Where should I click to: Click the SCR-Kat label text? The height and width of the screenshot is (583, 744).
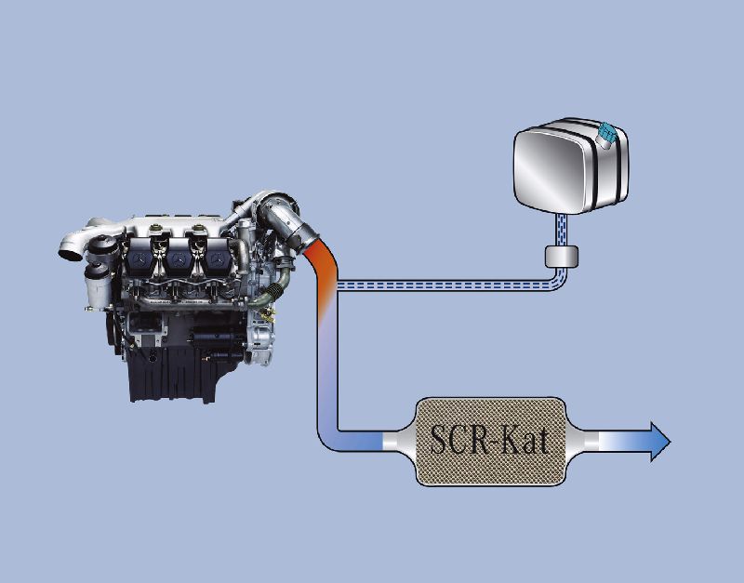click(x=489, y=439)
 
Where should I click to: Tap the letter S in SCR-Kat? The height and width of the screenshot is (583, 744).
click(x=439, y=439)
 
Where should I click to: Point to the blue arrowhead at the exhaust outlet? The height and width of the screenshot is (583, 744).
click(x=659, y=441)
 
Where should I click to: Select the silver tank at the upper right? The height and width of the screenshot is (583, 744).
click(x=571, y=166)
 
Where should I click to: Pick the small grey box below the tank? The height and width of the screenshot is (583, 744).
click(x=562, y=257)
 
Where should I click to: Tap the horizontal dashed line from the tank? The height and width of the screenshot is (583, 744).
click(x=446, y=285)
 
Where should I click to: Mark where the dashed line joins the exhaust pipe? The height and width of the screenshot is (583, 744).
click(x=338, y=285)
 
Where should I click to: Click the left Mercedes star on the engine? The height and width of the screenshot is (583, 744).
click(x=139, y=259)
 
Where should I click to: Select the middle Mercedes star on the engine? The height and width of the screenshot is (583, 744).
click(x=179, y=260)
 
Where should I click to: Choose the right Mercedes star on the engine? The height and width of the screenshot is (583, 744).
click(x=218, y=258)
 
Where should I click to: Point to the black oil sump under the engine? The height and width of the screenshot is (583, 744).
click(x=173, y=375)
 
